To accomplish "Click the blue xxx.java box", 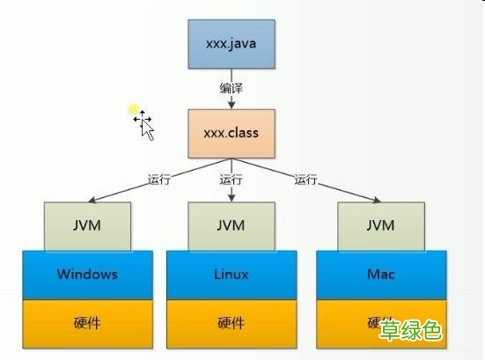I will click(x=231, y=42).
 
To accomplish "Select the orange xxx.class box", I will click(x=231, y=133).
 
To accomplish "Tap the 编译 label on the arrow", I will click(x=231, y=88).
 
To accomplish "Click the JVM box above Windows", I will click(x=87, y=225).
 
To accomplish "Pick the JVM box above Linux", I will click(x=231, y=225).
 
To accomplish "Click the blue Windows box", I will click(x=87, y=274).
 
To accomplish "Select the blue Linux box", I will click(x=231, y=274).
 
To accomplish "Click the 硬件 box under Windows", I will click(x=87, y=323).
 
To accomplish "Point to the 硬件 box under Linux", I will click(x=231, y=323).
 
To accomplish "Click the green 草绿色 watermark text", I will click(x=409, y=330).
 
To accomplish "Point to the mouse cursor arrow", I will click(x=146, y=129).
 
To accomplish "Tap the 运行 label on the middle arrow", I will click(x=231, y=179).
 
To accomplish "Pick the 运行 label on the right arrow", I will click(x=305, y=179).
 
